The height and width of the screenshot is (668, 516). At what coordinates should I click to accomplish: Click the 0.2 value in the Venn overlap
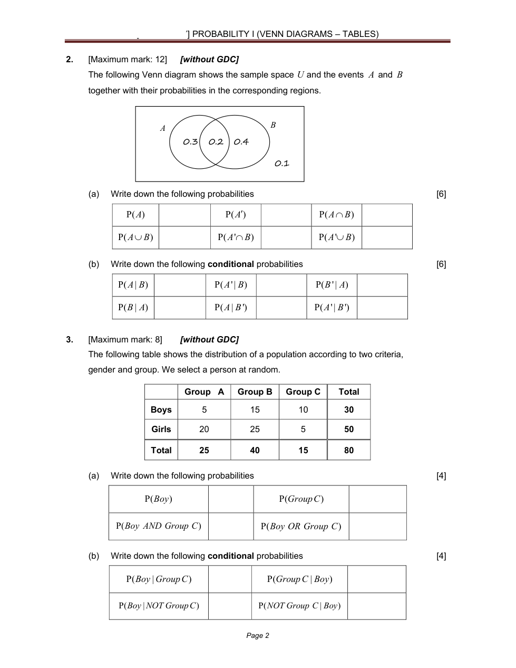[216, 142]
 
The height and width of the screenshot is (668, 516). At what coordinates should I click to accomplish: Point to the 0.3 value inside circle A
[190, 142]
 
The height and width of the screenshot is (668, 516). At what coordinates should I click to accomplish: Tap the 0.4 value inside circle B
[241, 142]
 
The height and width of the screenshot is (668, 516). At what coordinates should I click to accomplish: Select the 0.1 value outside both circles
[282, 164]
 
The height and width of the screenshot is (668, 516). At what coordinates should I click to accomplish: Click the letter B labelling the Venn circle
[273, 125]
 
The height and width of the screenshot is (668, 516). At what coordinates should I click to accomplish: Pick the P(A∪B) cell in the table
[135, 237]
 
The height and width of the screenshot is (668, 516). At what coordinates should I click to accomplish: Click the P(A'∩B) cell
[236, 237]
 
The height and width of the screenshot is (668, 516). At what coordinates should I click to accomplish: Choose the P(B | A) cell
[133, 308]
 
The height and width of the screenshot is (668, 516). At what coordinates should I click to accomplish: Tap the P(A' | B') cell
[332, 308]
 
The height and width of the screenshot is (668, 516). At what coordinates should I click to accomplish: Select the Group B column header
[255, 392]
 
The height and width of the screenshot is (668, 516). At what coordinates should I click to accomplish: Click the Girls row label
[161, 430]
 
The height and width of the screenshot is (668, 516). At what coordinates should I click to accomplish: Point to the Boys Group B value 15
[255, 410]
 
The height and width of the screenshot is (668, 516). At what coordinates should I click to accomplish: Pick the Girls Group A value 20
[204, 430]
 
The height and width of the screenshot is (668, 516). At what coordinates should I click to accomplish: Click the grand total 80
[348, 451]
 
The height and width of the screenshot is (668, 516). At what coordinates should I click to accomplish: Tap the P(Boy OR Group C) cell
[301, 527]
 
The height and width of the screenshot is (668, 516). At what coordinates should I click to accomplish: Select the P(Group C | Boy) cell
[299, 579]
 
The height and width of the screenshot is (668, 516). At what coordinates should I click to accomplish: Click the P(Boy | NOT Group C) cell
[159, 606]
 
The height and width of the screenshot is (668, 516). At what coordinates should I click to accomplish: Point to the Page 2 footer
[258, 636]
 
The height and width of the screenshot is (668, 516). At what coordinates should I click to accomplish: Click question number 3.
[70, 340]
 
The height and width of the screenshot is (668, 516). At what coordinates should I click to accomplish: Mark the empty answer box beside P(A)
[184, 215]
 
